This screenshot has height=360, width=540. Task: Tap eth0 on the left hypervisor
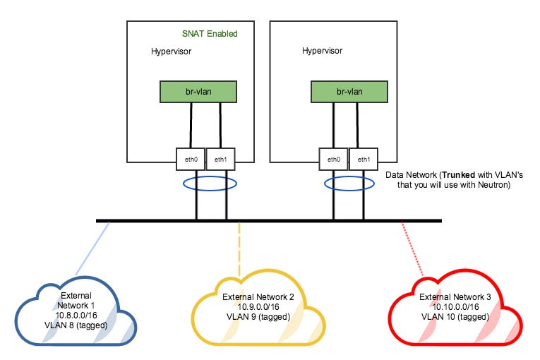[191, 159]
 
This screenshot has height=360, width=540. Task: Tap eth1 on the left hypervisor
[220, 159]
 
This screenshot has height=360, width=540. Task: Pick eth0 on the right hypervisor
[333, 159]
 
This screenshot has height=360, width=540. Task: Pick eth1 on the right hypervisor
[364, 159]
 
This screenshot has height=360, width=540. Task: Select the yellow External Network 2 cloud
[258, 315]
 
